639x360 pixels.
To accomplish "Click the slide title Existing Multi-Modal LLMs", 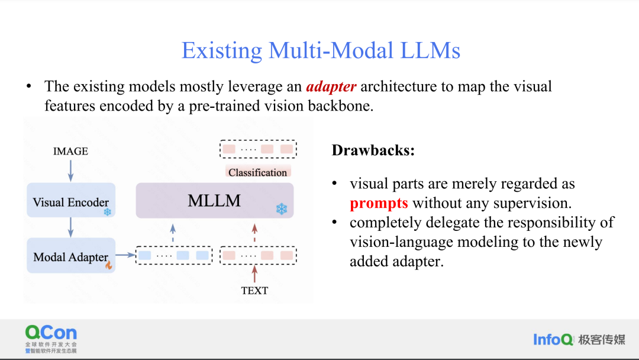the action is [x=321, y=50].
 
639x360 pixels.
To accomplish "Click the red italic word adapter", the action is [x=331, y=87].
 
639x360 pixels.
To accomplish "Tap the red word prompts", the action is [x=379, y=203].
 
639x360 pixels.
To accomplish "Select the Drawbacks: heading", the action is [x=373, y=150].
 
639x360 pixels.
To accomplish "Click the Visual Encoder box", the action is [x=71, y=200].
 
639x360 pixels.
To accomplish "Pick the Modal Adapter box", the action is [x=71, y=255].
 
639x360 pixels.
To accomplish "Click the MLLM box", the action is [x=214, y=200].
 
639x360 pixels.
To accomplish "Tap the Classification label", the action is [x=257, y=172].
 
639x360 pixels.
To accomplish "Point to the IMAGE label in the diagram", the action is [x=70, y=151].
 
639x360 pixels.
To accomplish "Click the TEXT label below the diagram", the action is [x=254, y=290].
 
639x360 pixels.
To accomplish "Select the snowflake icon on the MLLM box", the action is [x=282, y=209].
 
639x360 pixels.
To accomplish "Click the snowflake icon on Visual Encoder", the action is [x=108, y=212].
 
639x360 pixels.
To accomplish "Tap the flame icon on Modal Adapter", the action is [x=109, y=265].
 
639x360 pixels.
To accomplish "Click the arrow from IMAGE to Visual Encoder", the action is [x=70, y=171].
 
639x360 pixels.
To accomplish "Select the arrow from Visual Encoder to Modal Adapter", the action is [x=70, y=227].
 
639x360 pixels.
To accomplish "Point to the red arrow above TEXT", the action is [x=254, y=274].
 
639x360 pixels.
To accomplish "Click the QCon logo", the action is [x=51, y=339].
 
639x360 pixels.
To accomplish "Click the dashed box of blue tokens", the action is [x=174, y=256].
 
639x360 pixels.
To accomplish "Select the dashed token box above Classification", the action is [x=258, y=149].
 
